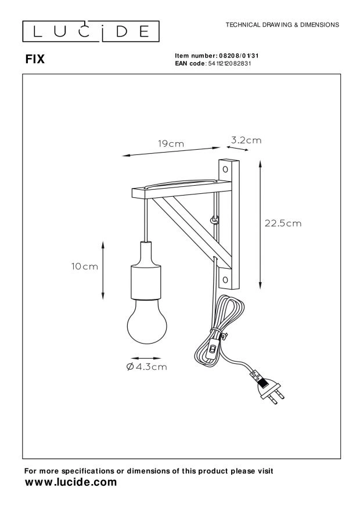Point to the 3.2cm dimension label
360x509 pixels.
point(246,140)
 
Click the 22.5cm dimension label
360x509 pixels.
point(283,223)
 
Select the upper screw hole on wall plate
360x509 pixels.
point(225,170)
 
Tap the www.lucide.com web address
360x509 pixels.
point(70,482)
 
